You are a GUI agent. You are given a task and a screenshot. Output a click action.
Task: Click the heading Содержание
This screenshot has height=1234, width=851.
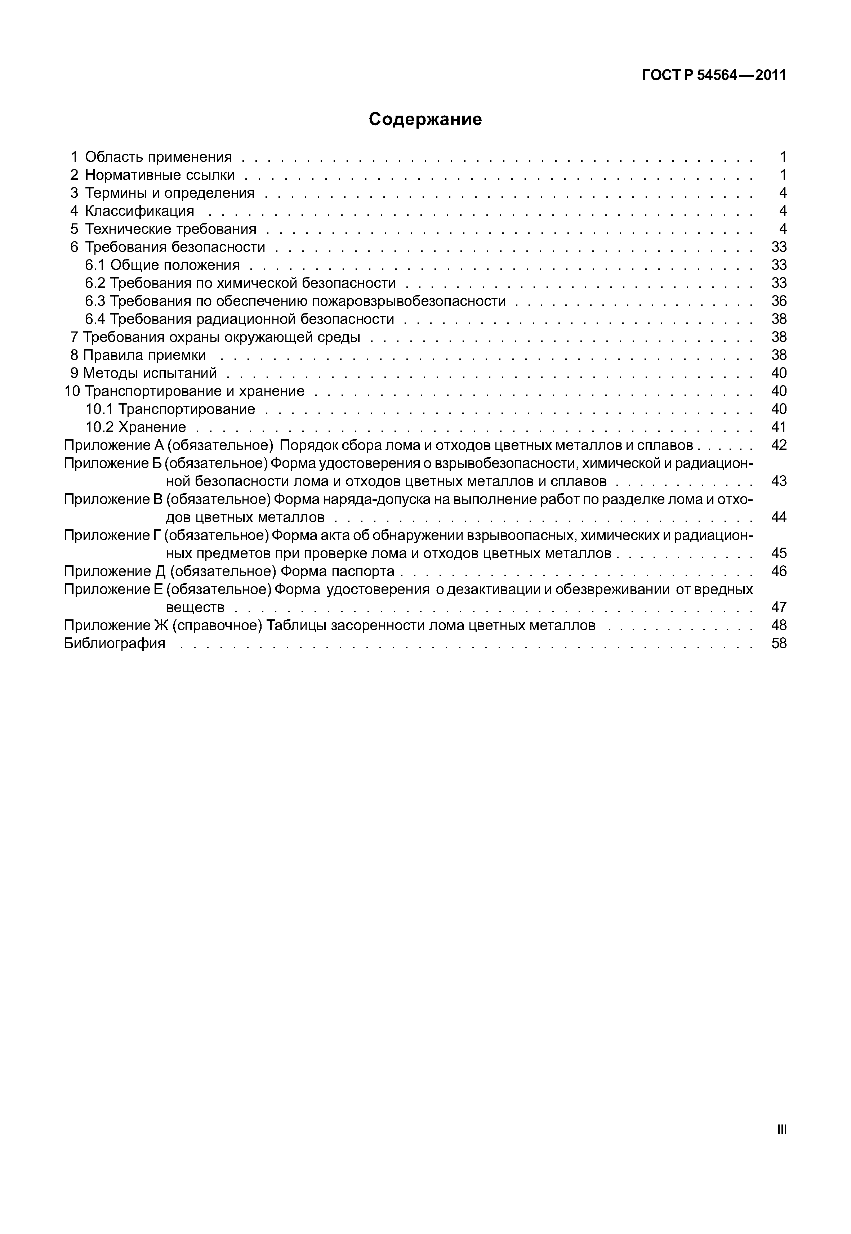[425, 119]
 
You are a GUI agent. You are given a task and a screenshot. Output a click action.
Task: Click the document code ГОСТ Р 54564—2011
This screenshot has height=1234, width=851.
[714, 76]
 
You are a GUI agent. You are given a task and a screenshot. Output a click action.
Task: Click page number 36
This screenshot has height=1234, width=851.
[779, 301]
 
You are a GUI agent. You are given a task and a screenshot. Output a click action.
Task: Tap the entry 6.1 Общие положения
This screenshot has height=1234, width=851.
[162, 265]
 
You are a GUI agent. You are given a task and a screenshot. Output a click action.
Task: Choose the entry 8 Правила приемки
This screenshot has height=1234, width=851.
[138, 355]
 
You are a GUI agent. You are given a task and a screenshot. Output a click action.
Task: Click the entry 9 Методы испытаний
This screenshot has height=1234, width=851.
[143, 373]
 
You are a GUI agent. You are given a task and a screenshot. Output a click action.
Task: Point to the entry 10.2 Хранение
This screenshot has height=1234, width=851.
[136, 427]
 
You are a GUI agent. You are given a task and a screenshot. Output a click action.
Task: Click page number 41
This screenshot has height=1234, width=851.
[779, 427]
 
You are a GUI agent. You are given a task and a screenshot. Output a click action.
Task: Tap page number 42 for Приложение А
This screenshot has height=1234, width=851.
[779, 445]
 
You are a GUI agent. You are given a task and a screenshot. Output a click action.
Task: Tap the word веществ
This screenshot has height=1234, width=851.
[195, 607]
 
